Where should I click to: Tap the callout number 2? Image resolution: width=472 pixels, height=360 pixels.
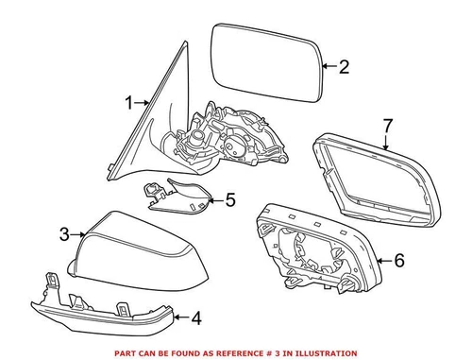[344, 66]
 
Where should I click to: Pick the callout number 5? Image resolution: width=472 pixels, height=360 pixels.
[230, 199]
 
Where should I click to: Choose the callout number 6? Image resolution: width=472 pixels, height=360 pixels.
[397, 259]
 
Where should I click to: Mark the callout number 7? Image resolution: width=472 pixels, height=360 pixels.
[387, 126]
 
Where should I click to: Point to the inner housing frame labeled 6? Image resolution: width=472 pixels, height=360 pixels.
[316, 251]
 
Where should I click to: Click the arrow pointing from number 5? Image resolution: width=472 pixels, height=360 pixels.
[214, 199]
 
